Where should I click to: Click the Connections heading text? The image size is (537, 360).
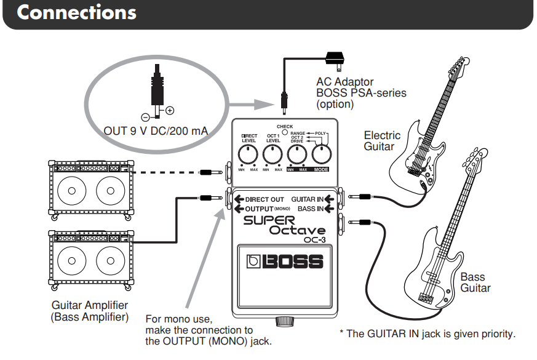pyautogui.click(x=77, y=13)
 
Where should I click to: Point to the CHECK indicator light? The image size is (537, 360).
pyautogui.click(x=285, y=132)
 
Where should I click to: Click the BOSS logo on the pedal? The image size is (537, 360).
pyautogui.click(x=285, y=261)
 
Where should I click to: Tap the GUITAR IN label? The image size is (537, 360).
pyautogui.click(x=307, y=199)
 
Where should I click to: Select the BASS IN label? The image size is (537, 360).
pyautogui.click(x=312, y=209)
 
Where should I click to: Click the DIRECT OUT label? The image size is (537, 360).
pyautogui.click(x=265, y=199)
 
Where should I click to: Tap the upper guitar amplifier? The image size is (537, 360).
pyautogui.click(x=92, y=188)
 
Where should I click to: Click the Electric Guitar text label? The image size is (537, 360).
pyautogui.click(x=382, y=141)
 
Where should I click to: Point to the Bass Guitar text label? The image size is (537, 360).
pyautogui.click(x=475, y=282)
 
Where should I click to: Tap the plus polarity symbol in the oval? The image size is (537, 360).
pyautogui.click(x=170, y=111)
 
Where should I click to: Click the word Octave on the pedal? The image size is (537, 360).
pyautogui.click(x=297, y=230)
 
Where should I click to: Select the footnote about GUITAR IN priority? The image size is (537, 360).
pyautogui.click(x=428, y=334)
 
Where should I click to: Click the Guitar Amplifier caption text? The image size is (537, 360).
pyautogui.click(x=90, y=311)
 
